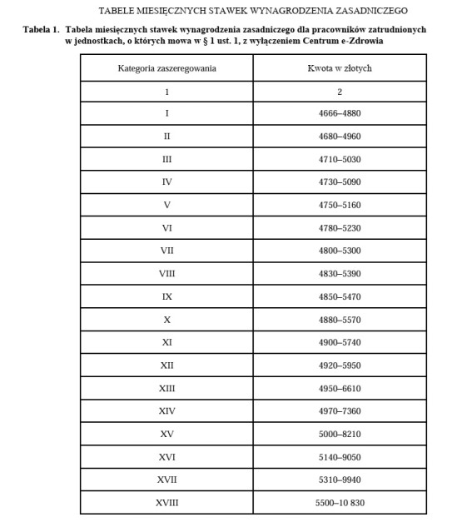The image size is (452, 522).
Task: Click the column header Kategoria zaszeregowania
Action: pyautogui.click(x=167, y=68)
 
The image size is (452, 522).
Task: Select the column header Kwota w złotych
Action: pyautogui.click(x=340, y=68)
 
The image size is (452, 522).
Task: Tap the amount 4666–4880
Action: pyautogui.click(x=340, y=112)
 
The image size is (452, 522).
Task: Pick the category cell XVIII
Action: pyautogui.click(x=167, y=503)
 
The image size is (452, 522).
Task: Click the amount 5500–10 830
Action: pyautogui.click(x=340, y=503)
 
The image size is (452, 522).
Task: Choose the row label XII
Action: pyautogui.click(x=167, y=365)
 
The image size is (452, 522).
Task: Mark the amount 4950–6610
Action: pyautogui.click(x=340, y=388)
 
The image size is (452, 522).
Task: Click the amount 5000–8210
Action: pyautogui.click(x=340, y=434)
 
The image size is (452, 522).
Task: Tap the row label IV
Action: pyautogui.click(x=167, y=181)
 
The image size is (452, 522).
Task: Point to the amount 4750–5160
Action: pyautogui.click(x=340, y=204)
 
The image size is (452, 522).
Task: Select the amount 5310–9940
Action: pyautogui.click(x=340, y=480)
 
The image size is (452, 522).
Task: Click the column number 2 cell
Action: pyautogui.click(x=340, y=91)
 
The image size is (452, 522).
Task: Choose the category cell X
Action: pyautogui.click(x=167, y=319)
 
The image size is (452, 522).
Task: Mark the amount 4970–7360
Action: pyautogui.click(x=340, y=410)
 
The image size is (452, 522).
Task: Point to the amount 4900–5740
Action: pyautogui.click(x=340, y=342)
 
